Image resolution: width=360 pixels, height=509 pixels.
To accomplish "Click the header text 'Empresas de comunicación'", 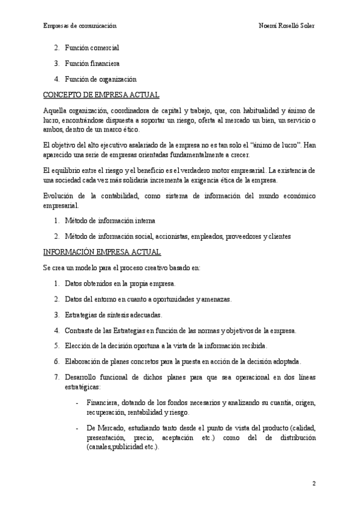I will pos(80,26).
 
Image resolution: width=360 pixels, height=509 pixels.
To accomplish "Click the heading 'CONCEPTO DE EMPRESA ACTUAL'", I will pos(101,95).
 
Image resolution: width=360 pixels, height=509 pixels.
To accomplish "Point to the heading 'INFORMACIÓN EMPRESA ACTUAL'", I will pos(102,252).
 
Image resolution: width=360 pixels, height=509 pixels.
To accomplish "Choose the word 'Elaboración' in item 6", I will pos(83,361).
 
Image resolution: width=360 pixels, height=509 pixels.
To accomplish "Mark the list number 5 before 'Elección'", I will pos(56,346).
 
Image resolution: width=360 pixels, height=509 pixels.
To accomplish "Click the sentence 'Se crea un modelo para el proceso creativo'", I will pos(114,267).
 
